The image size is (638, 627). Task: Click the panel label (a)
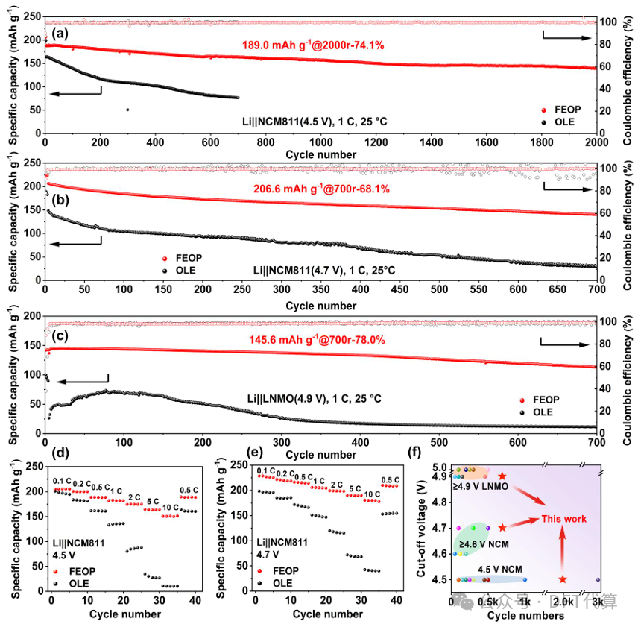(60, 32)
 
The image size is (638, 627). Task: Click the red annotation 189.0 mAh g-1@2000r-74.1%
(313, 45)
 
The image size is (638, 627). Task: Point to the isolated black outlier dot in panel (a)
(127, 110)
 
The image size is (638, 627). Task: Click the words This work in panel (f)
(563, 519)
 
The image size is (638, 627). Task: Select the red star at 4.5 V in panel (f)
(562, 579)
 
